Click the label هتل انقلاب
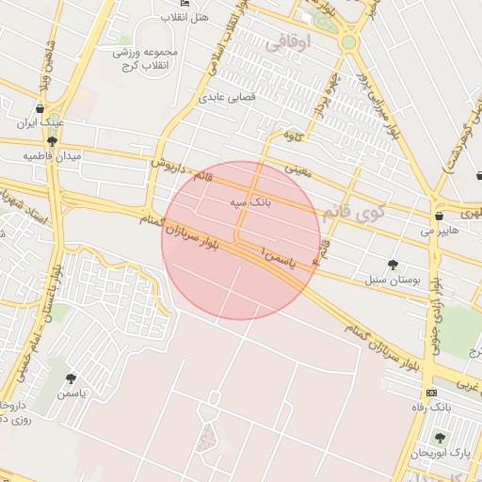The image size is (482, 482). (186, 19)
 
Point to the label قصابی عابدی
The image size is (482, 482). (224, 97)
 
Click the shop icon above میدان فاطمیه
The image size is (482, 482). (51, 141)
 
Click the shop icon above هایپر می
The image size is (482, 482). (440, 216)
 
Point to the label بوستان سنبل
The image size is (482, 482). (391, 281)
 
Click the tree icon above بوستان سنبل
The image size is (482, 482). (393, 265)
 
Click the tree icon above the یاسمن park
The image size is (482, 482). (71, 378)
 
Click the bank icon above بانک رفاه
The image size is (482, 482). (431, 393)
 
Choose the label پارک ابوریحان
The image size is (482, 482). (440, 454)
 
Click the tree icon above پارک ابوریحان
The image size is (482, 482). (439, 438)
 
